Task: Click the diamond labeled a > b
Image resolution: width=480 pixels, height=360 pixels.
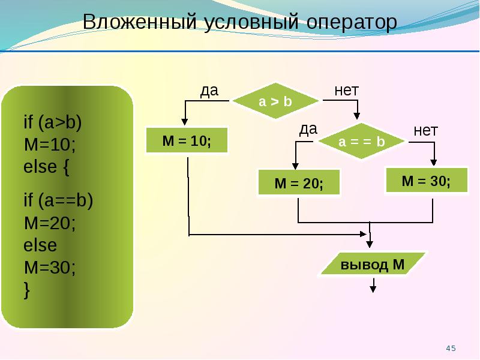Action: point(275,101)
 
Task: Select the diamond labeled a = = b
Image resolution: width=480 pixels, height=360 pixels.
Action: point(362,141)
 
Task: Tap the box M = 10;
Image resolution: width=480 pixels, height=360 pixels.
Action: point(187,140)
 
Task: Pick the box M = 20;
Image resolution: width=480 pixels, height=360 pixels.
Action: point(299,182)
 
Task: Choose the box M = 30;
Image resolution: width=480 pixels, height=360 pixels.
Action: point(427,180)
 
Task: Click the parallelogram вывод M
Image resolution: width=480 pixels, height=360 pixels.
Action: point(373,264)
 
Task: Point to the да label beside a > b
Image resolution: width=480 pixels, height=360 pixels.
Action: point(209,91)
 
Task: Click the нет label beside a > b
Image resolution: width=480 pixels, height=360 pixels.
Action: point(347,91)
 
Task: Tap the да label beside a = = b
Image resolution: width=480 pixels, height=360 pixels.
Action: point(308,130)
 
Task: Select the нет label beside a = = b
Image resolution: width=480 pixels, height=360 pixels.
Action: point(426,131)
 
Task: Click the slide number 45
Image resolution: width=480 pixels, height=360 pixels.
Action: point(451,349)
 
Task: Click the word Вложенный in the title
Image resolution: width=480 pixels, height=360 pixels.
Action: point(140,22)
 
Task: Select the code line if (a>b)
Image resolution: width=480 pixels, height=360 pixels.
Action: point(53,122)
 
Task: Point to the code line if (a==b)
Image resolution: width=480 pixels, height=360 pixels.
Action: point(58,201)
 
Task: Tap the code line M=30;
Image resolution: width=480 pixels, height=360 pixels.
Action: point(50,267)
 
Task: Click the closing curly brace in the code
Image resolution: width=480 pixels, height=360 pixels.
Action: point(27,290)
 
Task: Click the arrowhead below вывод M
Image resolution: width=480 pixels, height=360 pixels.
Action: point(373,289)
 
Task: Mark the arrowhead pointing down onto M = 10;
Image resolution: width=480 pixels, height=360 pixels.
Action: point(185,122)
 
